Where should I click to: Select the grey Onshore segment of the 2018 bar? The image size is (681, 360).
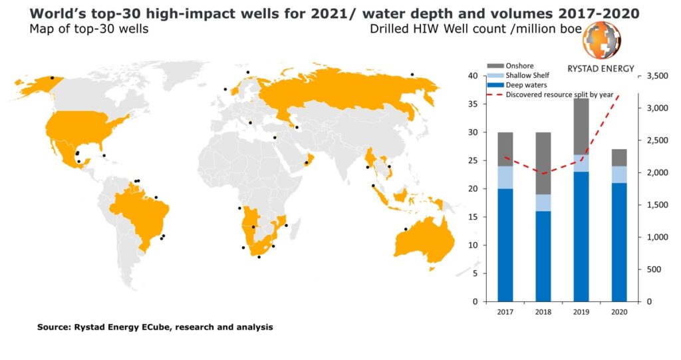[x=544, y=163]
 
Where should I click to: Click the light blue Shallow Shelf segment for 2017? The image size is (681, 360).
[x=505, y=177]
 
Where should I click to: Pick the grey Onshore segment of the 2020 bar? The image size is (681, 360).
[x=619, y=157]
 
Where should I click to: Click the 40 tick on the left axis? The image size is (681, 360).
[x=472, y=76]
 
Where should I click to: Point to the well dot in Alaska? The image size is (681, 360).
[x=52, y=78]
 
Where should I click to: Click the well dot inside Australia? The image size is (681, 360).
[x=405, y=230]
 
